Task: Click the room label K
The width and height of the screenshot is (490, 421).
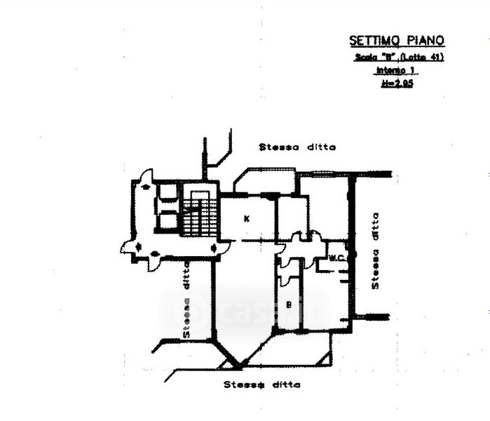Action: (x=246, y=219)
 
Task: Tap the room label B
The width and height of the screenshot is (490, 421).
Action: (x=288, y=305)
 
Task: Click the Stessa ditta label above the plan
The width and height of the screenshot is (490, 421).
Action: (x=297, y=147)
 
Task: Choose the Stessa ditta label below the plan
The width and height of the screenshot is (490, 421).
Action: (x=262, y=385)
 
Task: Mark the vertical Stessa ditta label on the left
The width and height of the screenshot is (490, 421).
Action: (x=187, y=299)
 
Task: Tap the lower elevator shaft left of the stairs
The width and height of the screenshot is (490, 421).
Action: (x=168, y=220)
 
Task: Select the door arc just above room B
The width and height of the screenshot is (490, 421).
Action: (x=287, y=274)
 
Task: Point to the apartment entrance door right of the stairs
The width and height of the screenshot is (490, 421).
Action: (x=222, y=247)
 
